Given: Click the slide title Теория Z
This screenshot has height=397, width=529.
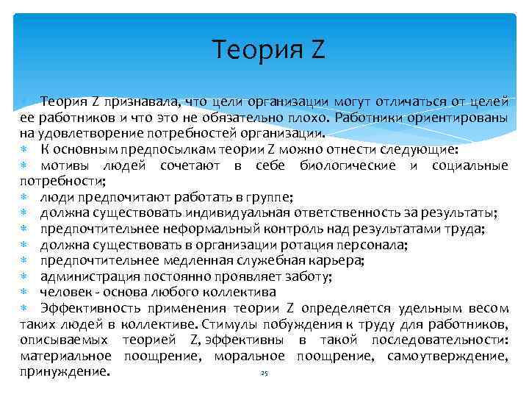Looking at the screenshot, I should click(267, 50).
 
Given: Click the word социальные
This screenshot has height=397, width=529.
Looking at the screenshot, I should click(470, 165).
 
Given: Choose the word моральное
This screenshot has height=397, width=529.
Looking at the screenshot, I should click(250, 357).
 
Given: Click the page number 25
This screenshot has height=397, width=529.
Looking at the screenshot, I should click(264, 374).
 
